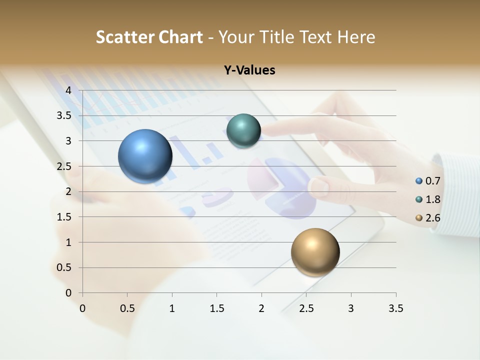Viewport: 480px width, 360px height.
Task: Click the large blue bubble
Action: point(145,156)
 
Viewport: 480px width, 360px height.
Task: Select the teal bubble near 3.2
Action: point(243,131)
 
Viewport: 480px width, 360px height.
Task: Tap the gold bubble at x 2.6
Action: point(315,252)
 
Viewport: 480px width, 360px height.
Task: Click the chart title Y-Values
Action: point(249,70)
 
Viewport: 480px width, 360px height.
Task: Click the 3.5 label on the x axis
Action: point(395,308)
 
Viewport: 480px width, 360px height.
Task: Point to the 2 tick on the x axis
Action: point(261,308)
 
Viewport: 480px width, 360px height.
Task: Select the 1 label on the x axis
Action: point(172,308)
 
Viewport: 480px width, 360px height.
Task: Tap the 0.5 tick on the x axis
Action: point(127,308)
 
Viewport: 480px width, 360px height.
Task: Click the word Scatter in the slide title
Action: point(125,37)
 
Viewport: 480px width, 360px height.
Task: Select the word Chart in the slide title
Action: point(181,37)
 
